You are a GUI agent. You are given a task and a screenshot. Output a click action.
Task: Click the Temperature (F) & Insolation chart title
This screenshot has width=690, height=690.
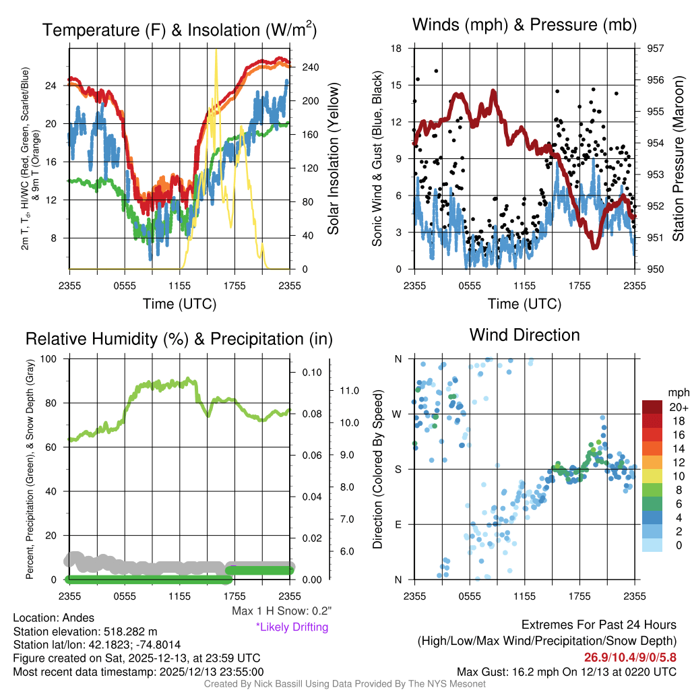tap(180, 30)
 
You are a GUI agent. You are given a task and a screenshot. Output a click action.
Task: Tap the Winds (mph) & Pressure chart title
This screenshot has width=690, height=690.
tap(524, 25)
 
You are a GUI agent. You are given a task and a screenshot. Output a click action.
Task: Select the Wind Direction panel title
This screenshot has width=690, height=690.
tap(524, 335)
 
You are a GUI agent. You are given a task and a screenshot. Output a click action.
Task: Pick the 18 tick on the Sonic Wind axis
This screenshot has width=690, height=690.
tap(396, 49)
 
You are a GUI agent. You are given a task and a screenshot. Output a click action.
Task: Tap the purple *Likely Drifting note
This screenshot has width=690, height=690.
tap(292, 627)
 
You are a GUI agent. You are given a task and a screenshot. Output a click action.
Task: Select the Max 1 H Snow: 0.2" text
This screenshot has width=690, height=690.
tap(282, 611)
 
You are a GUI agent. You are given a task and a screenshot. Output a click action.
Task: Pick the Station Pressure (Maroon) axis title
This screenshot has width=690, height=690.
tap(678, 159)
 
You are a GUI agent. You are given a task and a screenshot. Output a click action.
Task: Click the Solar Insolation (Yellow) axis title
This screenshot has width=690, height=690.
tap(333, 159)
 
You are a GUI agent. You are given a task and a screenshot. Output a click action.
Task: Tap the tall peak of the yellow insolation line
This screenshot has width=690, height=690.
tap(216, 51)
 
